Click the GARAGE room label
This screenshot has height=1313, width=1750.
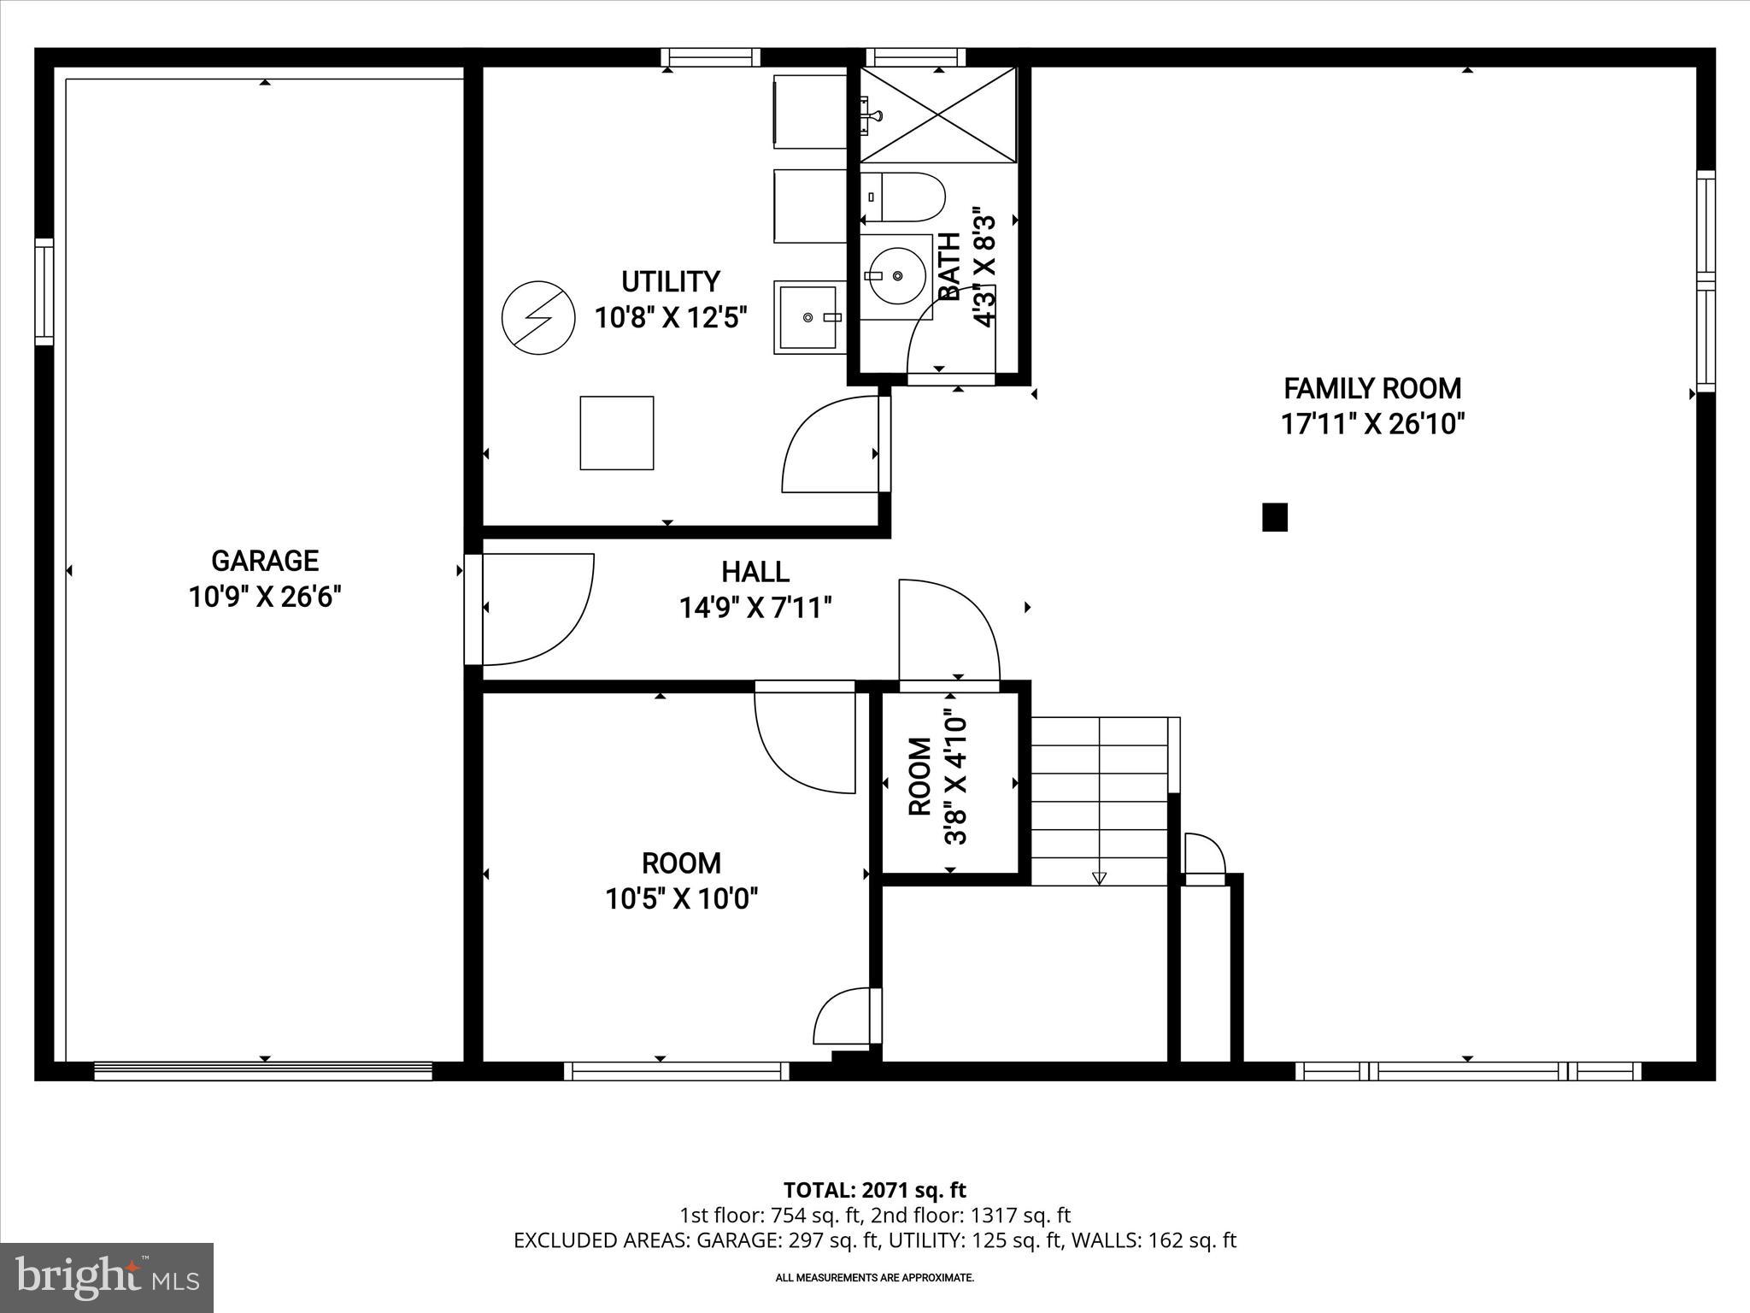(x=265, y=561)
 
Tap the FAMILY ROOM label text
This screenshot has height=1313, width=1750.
(x=1372, y=389)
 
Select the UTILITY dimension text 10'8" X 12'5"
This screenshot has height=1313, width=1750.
(x=671, y=318)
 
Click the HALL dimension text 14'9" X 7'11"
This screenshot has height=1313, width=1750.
(x=755, y=608)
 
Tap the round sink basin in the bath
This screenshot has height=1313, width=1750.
(x=896, y=275)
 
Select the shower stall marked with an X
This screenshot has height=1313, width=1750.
(x=938, y=115)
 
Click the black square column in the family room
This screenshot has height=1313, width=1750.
(x=1274, y=517)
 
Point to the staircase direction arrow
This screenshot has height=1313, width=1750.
(x=1099, y=877)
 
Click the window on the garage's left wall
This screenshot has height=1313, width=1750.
(x=44, y=292)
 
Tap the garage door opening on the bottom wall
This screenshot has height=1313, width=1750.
(x=263, y=1071)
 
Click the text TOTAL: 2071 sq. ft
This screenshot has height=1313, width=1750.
(x=874, y=1190)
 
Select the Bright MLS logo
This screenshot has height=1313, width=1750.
(x=107, y=1277)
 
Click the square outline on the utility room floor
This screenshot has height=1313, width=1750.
(x=617, y=433)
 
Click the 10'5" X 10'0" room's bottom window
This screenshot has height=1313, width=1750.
(x=676, y=1071)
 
